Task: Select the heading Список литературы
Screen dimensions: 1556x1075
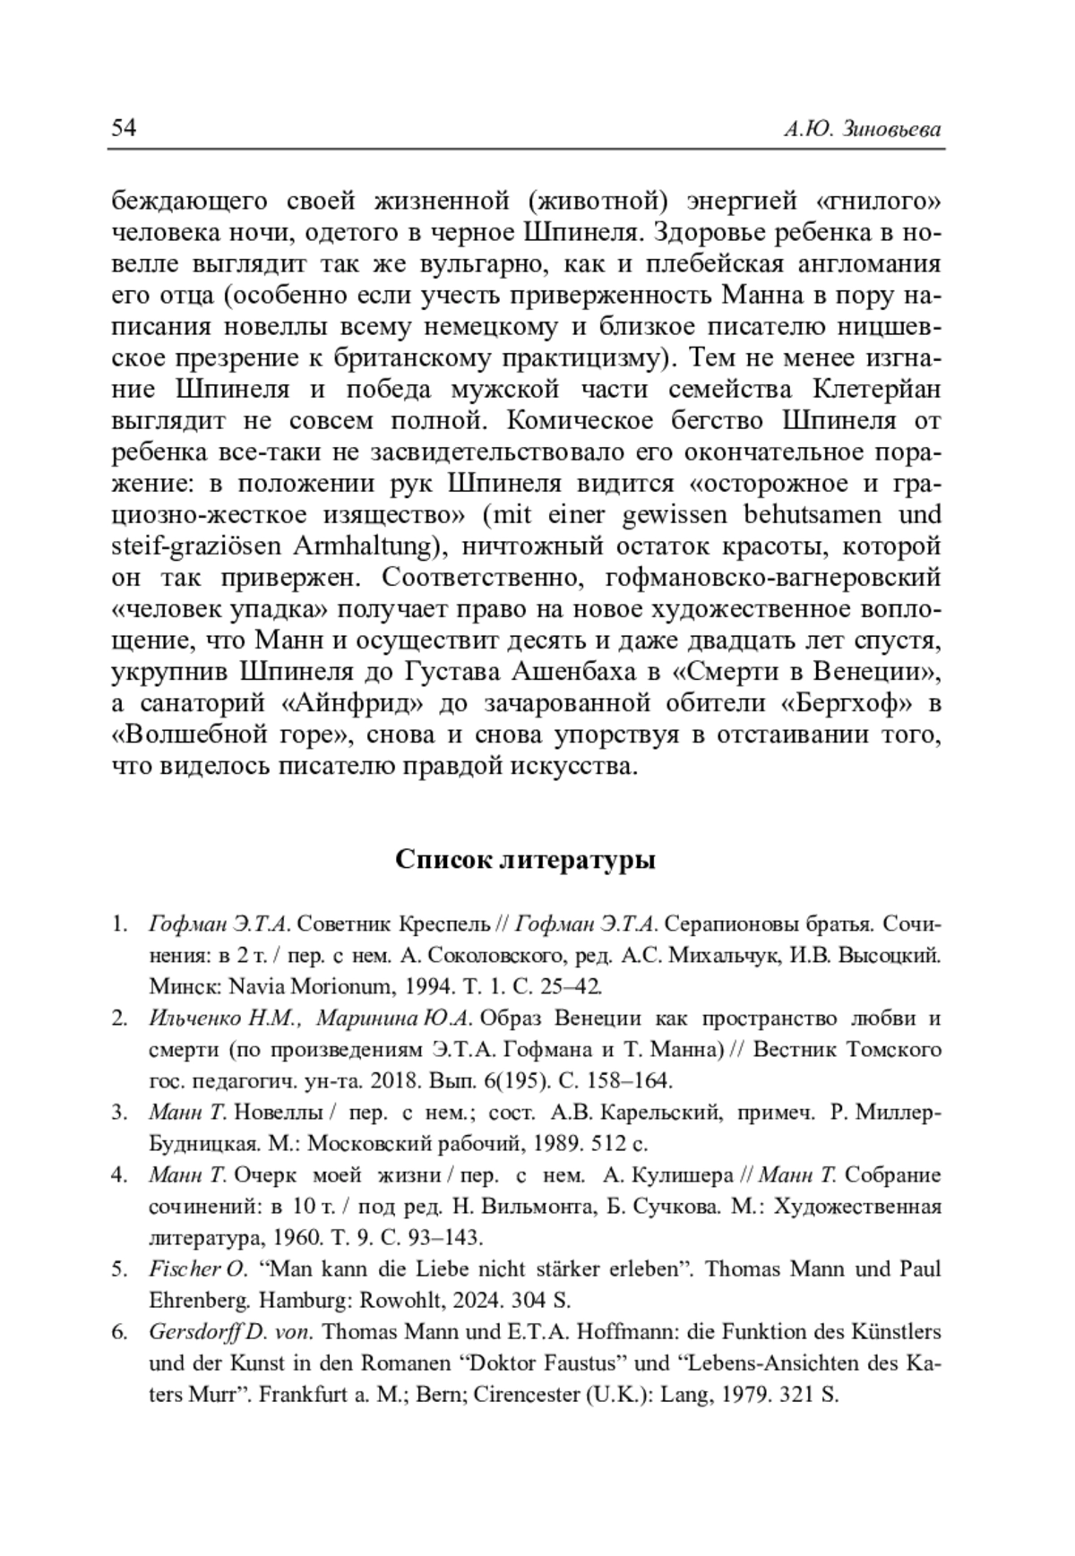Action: (525, 860)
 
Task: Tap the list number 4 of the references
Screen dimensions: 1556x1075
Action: (118, 1175)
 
